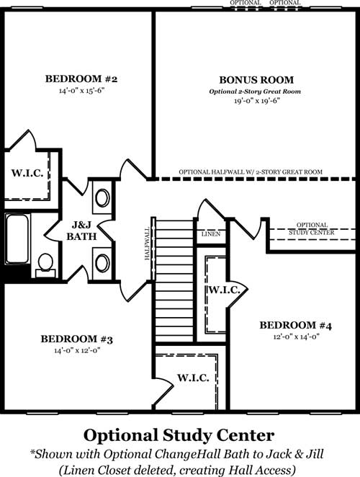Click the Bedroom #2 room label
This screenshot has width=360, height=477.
tap(81, 79)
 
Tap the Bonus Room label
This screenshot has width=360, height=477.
tap(256, 80)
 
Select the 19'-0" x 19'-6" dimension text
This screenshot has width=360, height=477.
tap(256, 101)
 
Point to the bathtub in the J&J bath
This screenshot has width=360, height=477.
tap(17, 239)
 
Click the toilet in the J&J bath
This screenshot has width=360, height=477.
tap(45, 264)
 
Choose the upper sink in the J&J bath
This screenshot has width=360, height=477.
tap(102, 197)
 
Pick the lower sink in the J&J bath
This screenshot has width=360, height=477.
tap(102, 263)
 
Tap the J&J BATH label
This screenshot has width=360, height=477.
tap(81, 231)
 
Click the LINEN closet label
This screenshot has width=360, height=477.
tap(211, 234)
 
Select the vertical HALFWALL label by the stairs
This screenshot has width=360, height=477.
tap(148, 244)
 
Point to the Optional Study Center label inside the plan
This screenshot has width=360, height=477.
tap(312, 228)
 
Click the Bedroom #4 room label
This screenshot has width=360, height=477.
tap(295, 326)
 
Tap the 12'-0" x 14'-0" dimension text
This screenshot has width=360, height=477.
tap(296, 337)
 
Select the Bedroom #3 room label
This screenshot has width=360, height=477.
tap(76, 339)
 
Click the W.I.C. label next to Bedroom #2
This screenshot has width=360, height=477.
tap(27, 173)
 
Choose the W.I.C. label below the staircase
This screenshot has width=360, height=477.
tap(193, 378)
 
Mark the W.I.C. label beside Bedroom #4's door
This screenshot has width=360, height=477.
tap(224, 290)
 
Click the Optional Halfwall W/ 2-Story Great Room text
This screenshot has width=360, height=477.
tap(251, 172)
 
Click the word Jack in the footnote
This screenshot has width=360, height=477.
tap(277, 454)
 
